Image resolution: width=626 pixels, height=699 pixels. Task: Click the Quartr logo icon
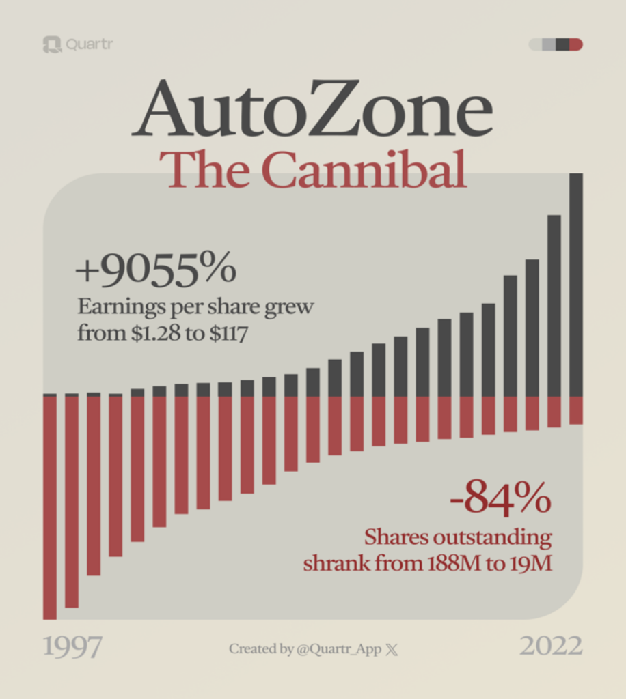click(51, 45)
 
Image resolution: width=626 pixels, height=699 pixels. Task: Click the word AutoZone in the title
click(312, 109)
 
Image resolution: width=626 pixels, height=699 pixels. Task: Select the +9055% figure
click(155, 270)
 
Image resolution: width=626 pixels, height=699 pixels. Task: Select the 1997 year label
click(72, 646)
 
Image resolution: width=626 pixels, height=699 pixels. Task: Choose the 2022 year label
click(551, 646)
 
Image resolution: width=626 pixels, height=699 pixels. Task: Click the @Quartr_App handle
click(339, 649)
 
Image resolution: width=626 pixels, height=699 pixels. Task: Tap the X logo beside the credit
click(392, 650)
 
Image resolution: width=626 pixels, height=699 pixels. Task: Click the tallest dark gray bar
click(576, 285)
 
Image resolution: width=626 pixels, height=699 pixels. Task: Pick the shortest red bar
click(576, 410)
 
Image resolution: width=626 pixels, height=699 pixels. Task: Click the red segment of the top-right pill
click(576, 45)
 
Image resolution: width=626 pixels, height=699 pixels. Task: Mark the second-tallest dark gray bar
click(554, 306)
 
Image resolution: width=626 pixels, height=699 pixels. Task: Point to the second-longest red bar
click(72, 501)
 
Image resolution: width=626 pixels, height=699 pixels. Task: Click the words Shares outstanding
click(457, 537)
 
